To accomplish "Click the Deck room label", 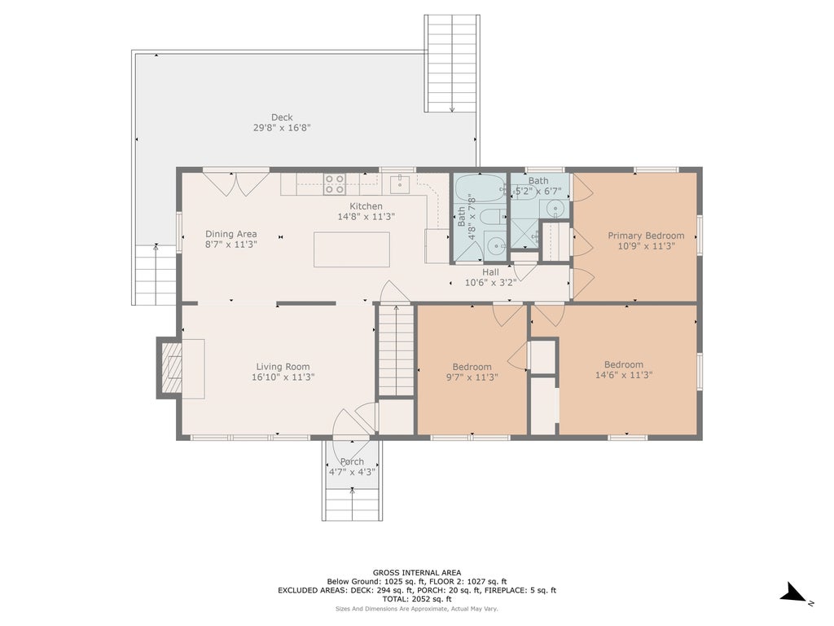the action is [x=282, y=117].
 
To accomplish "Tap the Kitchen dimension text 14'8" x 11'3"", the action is [x=366, y=217].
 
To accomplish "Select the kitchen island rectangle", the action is [x=352, y=249].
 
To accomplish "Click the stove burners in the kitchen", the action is [x=335, y=184].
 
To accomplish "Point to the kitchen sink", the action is [x=399, y=183].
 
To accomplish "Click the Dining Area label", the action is [x=230, y=234].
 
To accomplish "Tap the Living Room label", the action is [x=283, y=366].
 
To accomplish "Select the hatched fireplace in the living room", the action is [x=171, y=368].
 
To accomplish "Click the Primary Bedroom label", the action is [x=646, y=236].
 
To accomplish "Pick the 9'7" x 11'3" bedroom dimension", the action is [x=472, y=377].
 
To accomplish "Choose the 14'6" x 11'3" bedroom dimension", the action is [x=624, y=375].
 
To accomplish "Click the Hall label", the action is [x=490, y=272].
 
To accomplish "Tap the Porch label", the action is [x=352, y=461].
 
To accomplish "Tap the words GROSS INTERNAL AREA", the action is [x=417, y=573].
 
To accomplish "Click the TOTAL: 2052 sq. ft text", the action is [x=417, y=599].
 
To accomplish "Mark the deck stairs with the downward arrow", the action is [x=452, y=64].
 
